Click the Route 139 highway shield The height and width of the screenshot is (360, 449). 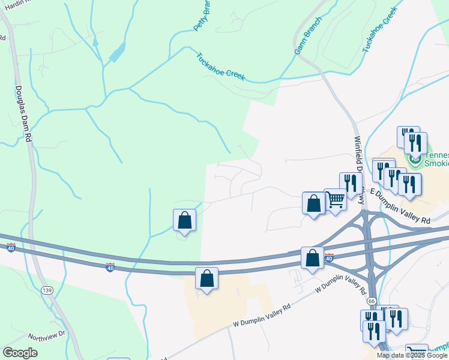(x=47, y=290)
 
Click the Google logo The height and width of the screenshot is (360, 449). (x=20, y=353)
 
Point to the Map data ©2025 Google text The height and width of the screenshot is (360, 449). (x=412, y=355)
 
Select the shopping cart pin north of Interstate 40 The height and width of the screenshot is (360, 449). (x=336, y=199)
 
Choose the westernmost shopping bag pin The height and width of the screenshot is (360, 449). (x=185, y=220)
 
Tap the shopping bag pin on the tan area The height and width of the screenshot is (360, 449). (x=206, y=279)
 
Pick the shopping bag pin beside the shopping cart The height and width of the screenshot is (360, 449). (x=313, y=203)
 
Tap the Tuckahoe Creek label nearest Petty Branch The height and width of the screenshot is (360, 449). (x=220, y=66)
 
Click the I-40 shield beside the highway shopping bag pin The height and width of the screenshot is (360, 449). (x=329, y=257)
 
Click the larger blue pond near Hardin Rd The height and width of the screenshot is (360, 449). (x=117, y=52)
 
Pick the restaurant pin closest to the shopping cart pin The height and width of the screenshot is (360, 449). (x=350, y=184)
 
